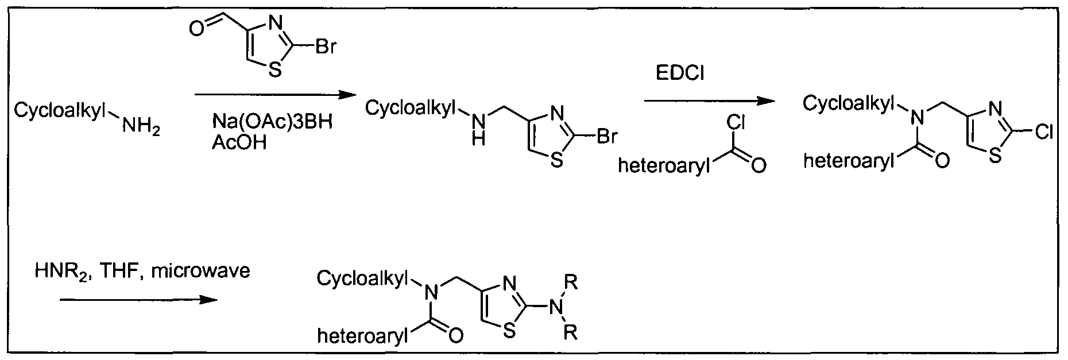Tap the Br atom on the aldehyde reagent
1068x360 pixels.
point(325,47)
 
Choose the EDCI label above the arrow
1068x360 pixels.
point(679,75)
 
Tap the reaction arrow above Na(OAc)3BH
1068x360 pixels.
point(272,95)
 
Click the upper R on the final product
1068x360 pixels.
point(570,282)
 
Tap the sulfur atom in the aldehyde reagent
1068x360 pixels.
point(274,71)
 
